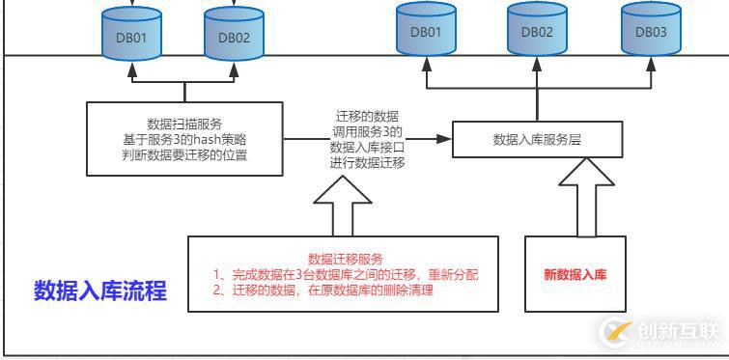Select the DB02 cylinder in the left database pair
233,39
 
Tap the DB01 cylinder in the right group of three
426,32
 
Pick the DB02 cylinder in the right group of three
537,32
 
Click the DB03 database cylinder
651,32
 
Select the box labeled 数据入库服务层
537,139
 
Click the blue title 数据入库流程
100,291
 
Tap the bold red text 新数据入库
575,275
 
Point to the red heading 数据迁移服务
345,259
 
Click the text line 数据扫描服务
184,124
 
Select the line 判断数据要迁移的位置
184,154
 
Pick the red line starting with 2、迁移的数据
323,290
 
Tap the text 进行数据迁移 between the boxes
367,163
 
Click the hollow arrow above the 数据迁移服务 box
343,204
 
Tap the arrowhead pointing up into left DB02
233,75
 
